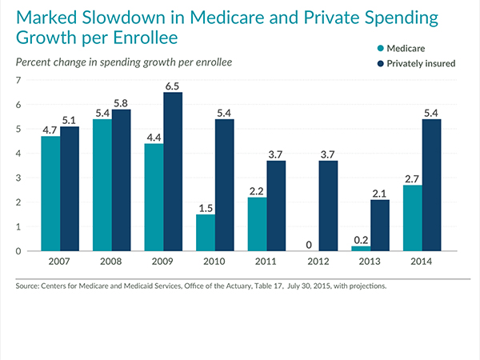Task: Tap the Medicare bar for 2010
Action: click(205, 232)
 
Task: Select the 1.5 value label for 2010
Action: click(205, 207)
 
